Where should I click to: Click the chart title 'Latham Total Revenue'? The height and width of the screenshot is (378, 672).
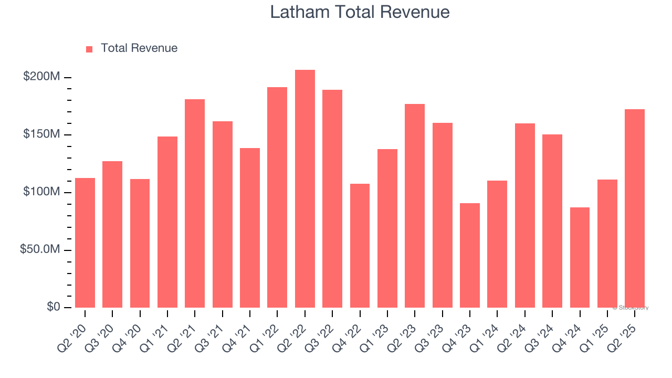coord(360,12)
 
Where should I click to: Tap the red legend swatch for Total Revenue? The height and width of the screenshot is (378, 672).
coord(89,49)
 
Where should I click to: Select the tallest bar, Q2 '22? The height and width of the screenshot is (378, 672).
coord(304,189)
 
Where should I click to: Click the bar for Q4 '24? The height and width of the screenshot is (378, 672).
coord(580,257)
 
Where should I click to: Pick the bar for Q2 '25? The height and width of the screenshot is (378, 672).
coord(635,208)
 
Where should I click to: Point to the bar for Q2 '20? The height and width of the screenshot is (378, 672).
coord(85,243)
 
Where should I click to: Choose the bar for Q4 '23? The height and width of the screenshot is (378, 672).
coord(470,255)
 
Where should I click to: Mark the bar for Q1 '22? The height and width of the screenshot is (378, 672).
coord(277,197)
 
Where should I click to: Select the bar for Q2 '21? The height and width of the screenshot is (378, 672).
coord(195,203)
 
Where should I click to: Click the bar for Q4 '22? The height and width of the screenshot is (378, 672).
coord(360,246)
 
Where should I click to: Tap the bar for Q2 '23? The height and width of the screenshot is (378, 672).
coord(415,206)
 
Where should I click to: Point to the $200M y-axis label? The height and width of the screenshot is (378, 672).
coord(41,77)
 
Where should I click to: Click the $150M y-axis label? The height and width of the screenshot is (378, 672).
coord(41,134)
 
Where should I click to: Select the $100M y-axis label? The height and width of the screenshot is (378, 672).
coord(41,192)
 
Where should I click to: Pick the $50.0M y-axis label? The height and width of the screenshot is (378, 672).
coord(40,249)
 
